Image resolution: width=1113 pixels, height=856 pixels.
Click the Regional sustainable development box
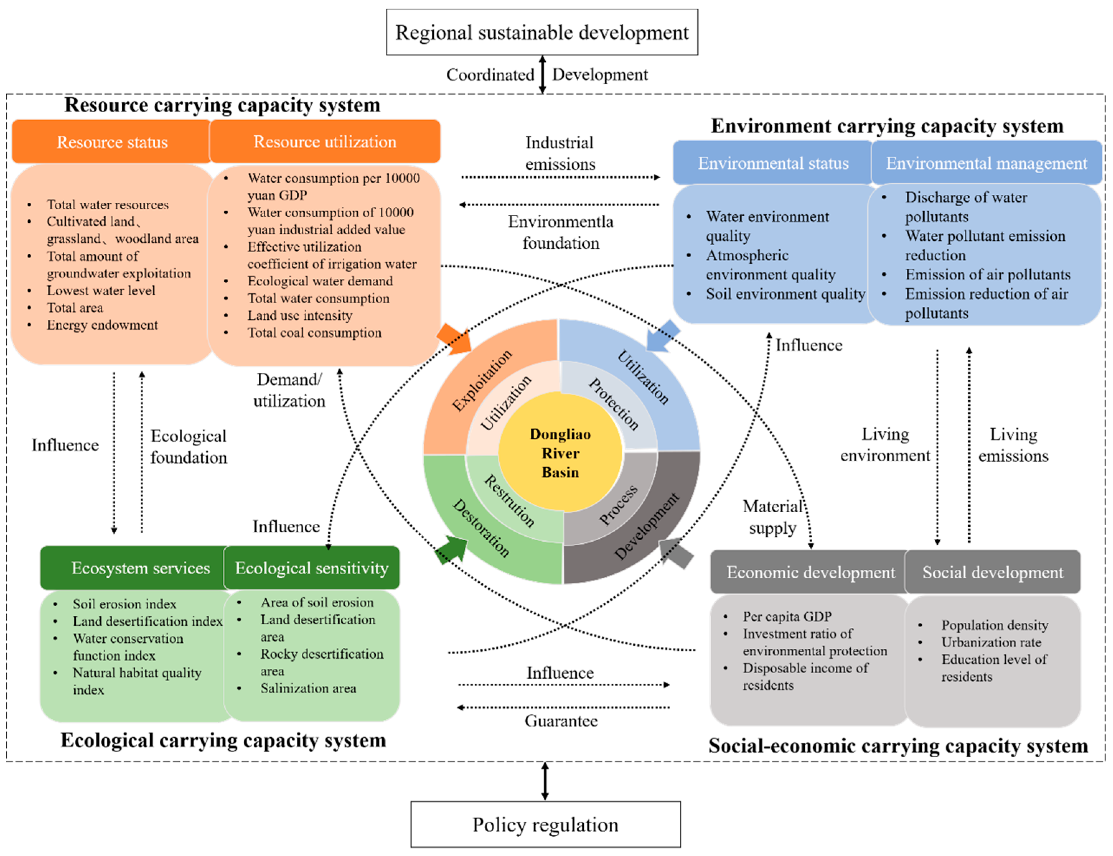point(542,32)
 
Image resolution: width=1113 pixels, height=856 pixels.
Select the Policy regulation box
point(545,824)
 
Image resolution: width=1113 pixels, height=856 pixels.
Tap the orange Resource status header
point(112,142)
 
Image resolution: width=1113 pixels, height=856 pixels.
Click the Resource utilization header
point(325,142)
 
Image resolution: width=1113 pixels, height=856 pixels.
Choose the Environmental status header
point(772,163)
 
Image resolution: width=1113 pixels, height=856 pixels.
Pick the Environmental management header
point(986,163)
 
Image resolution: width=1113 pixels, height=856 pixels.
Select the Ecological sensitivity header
point(311,568)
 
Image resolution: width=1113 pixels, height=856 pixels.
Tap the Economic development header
point(810,572)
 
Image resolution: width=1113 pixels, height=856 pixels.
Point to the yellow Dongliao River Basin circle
point(560,452)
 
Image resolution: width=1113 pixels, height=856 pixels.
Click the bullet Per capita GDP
point(787,616)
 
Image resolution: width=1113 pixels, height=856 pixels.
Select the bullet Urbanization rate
point(991,642)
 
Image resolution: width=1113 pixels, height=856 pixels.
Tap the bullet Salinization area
point(308,688)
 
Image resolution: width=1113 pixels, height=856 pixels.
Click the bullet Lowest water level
point(101,291)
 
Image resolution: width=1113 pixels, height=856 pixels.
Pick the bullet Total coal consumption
point(314,333)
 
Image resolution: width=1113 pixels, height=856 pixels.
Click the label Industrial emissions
point(560,153)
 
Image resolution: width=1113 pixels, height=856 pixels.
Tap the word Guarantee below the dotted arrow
point(560,721)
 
